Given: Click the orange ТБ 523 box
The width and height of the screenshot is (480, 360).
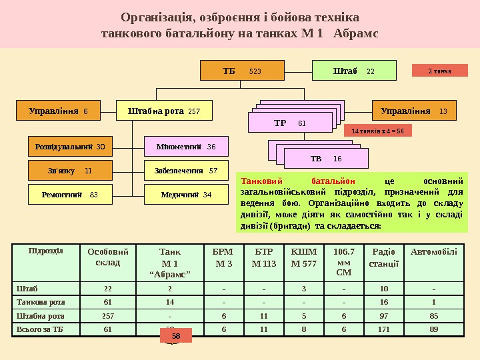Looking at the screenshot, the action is (242, 70).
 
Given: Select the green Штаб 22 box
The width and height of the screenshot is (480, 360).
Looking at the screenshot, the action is (354, 70).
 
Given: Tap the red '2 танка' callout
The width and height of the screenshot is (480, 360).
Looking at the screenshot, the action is (439, 70).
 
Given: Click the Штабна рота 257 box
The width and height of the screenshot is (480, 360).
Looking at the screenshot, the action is (164, 111).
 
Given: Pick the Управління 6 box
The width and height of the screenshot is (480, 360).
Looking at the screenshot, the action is (63, 111).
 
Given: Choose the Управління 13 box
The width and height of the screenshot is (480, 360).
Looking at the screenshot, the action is (413, 111).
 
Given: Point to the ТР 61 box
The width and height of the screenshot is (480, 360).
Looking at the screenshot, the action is (289, 123).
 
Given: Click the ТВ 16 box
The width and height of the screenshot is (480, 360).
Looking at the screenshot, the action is (326, 159).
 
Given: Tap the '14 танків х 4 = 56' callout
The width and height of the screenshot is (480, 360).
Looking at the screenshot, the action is (378, 131).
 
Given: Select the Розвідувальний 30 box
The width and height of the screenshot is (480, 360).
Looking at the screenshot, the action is (70, 145).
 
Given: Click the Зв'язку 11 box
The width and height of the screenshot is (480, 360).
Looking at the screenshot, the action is (70, 170).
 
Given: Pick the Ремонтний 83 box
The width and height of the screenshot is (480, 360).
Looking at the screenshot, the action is (70, 194).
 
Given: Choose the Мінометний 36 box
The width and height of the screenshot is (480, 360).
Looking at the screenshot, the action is (186, 145).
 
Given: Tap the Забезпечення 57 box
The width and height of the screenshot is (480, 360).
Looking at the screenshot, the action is (186, 170).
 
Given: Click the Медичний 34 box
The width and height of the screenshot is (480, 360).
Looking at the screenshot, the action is (186, 194).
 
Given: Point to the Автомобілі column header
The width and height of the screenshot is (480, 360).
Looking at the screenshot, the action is (434, 252).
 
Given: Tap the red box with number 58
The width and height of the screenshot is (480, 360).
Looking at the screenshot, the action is (176, 337).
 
